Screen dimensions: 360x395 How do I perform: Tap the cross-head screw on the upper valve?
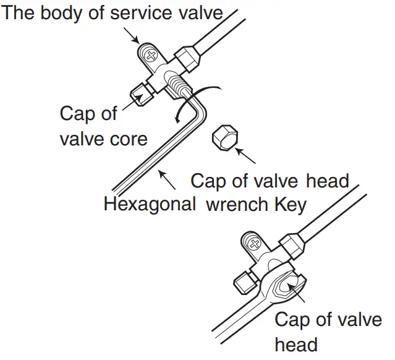pos(148,55)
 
